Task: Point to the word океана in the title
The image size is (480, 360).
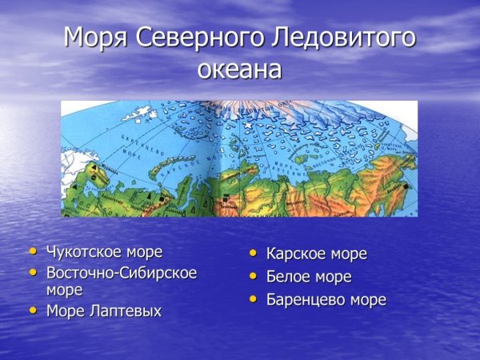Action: [x=239, y=70]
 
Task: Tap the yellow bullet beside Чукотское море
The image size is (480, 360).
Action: [x=33, y=251]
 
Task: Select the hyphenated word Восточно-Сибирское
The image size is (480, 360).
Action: [x=122, y=273]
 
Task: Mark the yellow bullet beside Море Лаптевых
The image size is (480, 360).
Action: [x=33, y=310]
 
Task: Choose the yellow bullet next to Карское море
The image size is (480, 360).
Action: [x=252, y=254]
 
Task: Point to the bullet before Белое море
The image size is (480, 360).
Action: [x=252, y=276]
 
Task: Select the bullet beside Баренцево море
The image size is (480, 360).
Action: [x=252, y=299]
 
